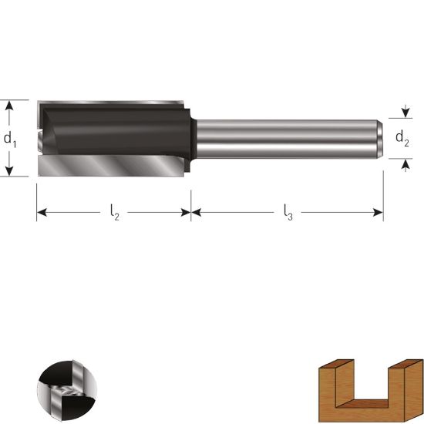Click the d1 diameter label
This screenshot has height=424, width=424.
(x=10, y=140)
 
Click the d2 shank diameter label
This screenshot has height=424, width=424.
(x=402, y=138)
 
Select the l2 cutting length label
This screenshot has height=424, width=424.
(x=115, y=212)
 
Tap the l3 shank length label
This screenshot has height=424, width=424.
(x=288, y=212)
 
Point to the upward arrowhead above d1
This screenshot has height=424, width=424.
(x=9, y=105)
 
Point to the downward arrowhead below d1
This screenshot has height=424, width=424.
(x=9, y=171)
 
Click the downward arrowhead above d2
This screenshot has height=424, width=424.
(x=405, y=113)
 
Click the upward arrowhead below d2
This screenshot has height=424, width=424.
(x=405, y=164)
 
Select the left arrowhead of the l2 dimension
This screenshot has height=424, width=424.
(x=42, y=213)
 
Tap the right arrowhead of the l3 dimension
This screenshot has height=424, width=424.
(x=378, y=213)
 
